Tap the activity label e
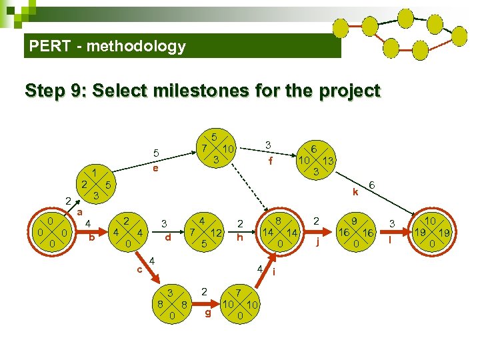pyautogui.click(x=155, y=169)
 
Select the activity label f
pyautogui.click(x=270, y=161)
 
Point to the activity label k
pyautogui.click(x=356, y=192)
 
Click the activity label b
pyautogui.click(x=91, y=238)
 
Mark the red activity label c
pyautogui.click(x=139, y=269)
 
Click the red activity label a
pyautogui.click(x=79, y=212)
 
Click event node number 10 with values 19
pyautogui.click(x=431, y=233)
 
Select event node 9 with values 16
pyautogui.click(x=357, y=232)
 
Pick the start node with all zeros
pyautogui.click(x=52, y=232)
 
